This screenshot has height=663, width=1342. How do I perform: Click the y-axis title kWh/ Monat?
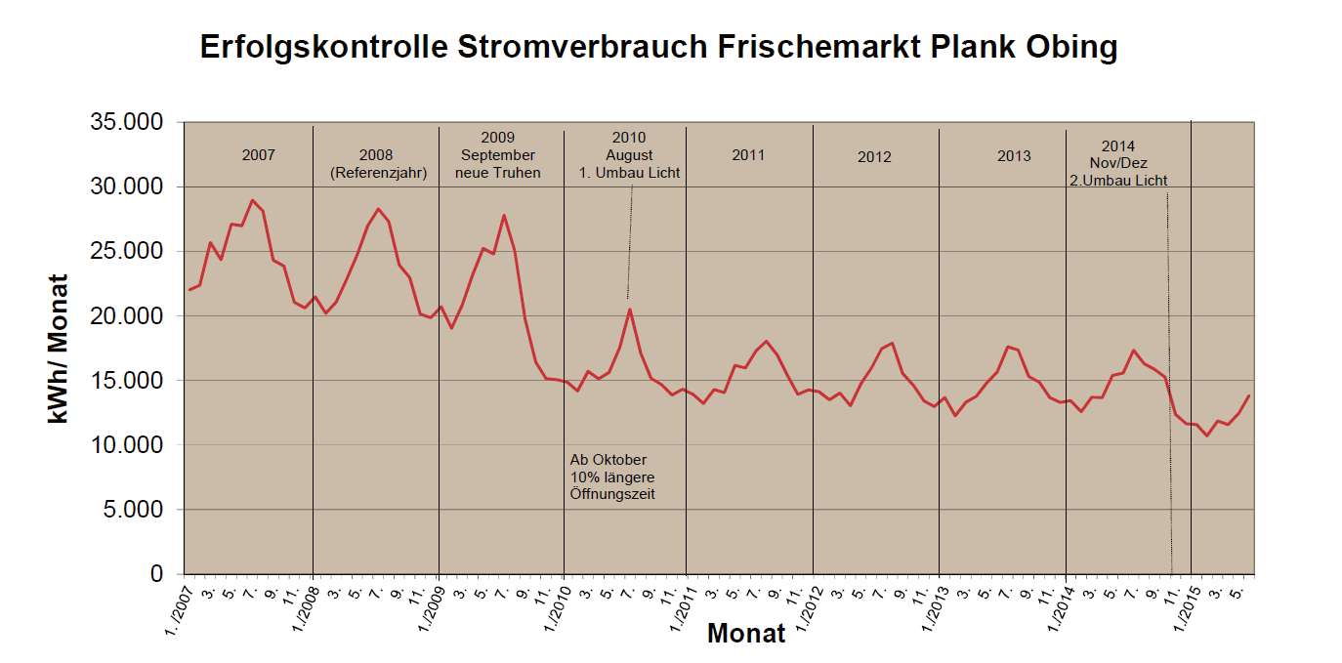coord(59,348)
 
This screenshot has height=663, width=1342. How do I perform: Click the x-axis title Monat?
coord(746,633)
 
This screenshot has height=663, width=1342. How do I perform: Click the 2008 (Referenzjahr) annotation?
coord(375,164)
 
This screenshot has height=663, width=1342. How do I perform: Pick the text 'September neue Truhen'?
coord(498,164)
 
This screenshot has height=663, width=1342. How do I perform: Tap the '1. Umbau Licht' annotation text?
coord(630,173)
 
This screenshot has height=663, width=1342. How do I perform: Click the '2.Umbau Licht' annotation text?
coord(1118,181)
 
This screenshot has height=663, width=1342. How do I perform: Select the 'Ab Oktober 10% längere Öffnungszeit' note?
coord(612,477)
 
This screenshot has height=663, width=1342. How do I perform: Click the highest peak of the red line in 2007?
coord(252,200)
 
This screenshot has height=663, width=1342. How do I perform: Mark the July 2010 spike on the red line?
coord(630,310)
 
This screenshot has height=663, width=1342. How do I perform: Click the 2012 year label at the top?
coord(874,156)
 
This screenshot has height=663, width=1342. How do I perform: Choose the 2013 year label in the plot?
coord(1014,156)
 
